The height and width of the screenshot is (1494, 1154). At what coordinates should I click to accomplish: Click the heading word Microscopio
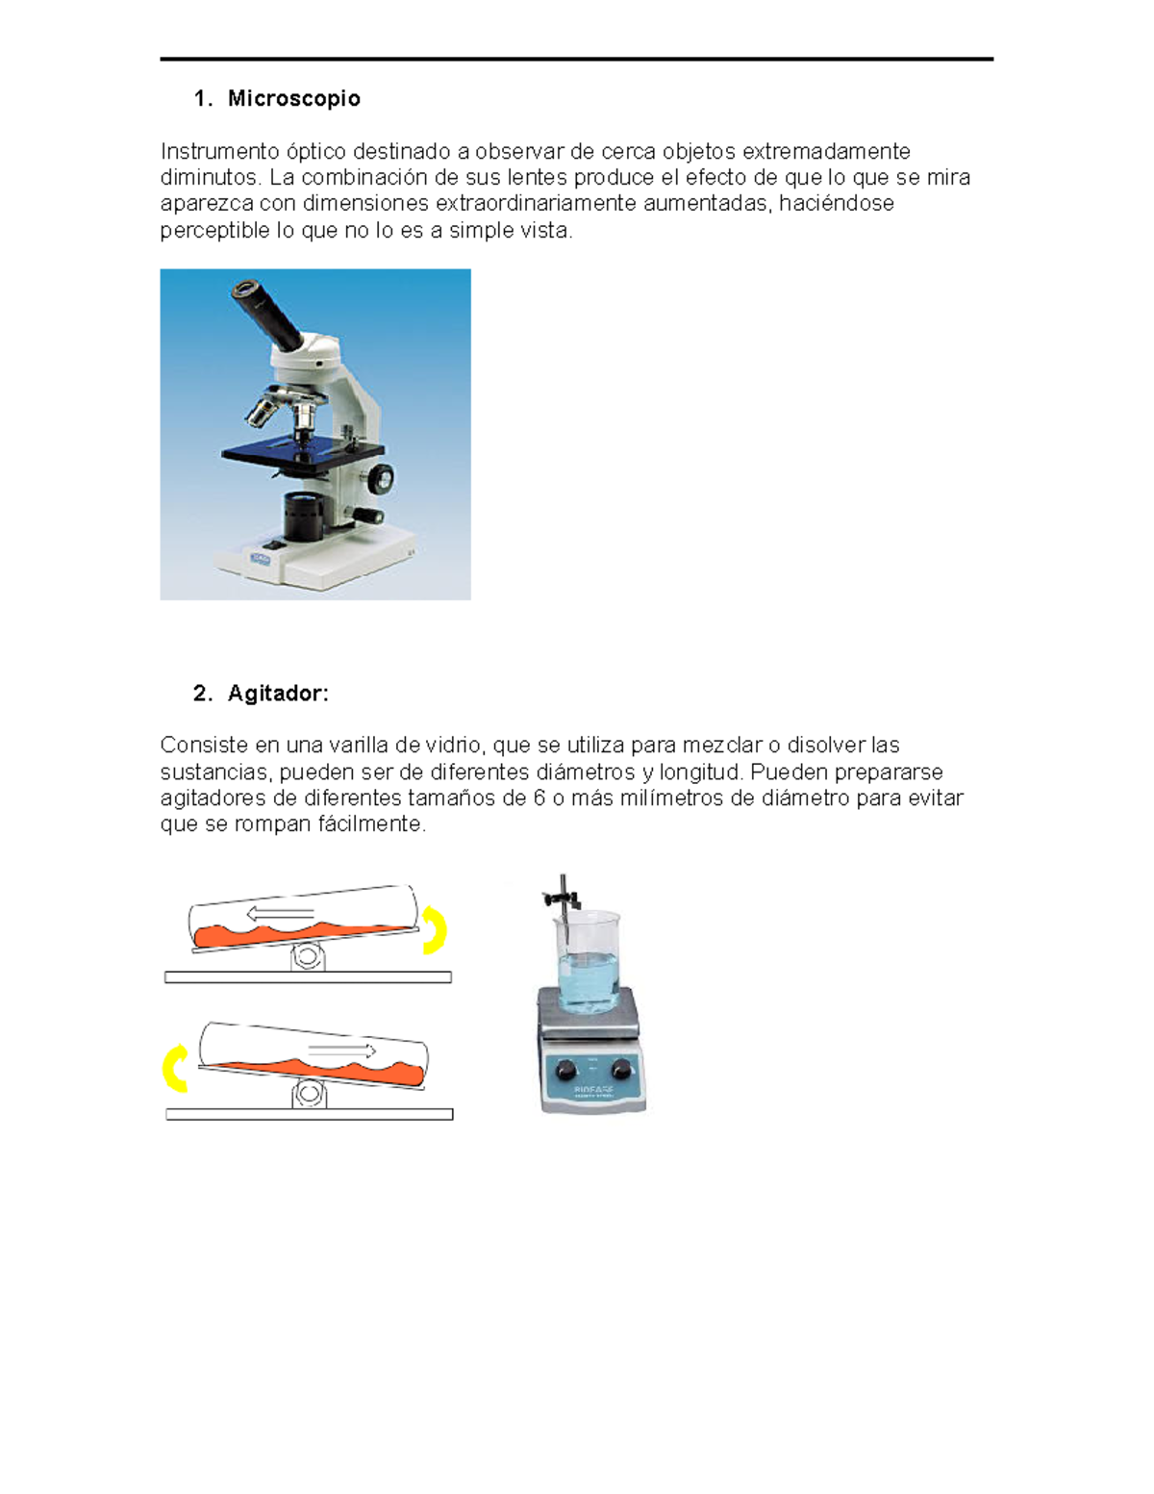coord(293,99)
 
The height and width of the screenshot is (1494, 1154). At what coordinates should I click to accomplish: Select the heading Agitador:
coord(278,694)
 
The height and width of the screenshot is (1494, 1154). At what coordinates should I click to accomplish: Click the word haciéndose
coord(836,204)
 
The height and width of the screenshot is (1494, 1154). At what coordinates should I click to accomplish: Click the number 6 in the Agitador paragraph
coord(539,798)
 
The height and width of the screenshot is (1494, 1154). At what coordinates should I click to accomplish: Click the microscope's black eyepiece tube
coord(268,312)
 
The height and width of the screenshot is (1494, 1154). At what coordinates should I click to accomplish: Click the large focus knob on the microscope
coord(382,477)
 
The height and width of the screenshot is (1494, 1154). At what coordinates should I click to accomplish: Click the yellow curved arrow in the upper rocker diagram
coord(436,929)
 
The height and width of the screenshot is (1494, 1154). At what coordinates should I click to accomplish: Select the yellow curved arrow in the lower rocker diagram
coord(175,1068)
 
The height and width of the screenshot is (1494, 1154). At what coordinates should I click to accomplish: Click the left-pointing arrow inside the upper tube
coord(279,913)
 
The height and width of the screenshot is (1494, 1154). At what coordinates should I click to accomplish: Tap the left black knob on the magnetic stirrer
coord(565,1069)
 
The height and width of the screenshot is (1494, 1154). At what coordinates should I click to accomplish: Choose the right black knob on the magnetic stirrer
coord(622,1068)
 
